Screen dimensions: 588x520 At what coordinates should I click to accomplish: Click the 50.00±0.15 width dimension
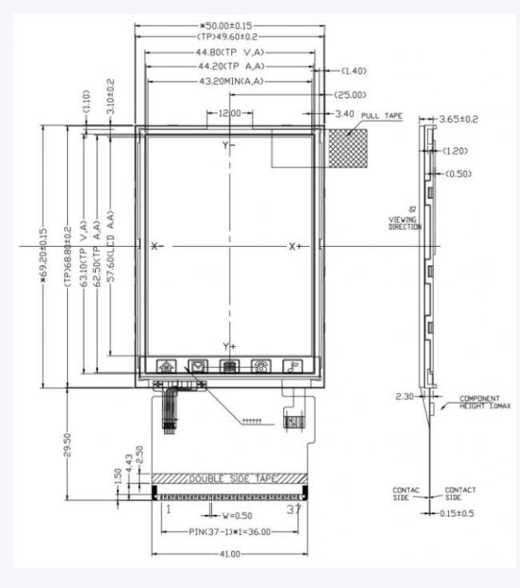[230, 26]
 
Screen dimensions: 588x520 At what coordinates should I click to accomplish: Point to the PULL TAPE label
[382, 115]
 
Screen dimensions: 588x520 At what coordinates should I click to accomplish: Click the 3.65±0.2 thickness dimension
[459, 119]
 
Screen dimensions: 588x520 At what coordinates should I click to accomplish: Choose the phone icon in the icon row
[261, 366]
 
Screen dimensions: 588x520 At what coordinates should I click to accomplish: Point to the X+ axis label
[296, 246]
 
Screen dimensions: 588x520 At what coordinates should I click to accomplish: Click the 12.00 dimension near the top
[230, 114]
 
